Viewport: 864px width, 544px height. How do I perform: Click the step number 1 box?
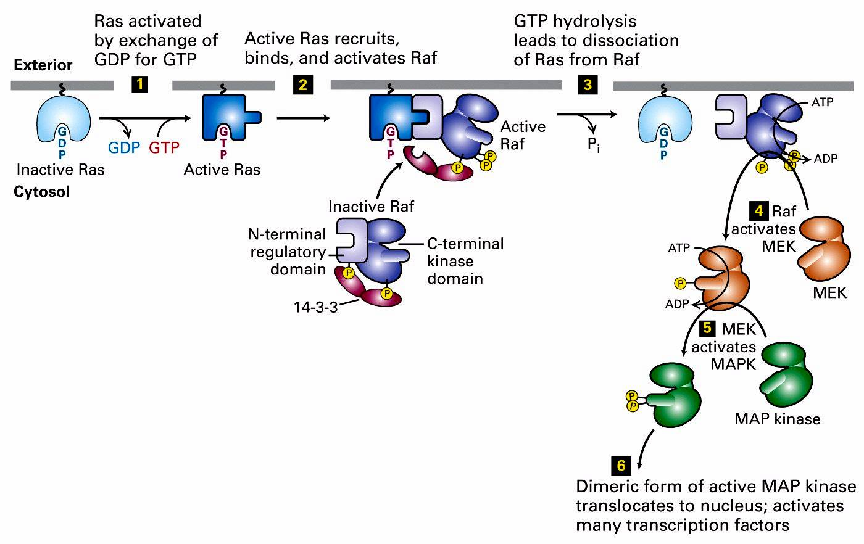[x=140, y=84]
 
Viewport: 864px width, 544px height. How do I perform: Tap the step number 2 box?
[x=302, y=84]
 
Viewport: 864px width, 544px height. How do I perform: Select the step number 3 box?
[x=587, y=84]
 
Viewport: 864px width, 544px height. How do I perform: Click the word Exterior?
[x=43, y=65]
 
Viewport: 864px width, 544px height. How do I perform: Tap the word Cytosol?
[x=42, y=192]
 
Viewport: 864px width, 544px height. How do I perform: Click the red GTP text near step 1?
[x=164, y=148]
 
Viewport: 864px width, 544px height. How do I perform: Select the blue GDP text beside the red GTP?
[x=125, y=148]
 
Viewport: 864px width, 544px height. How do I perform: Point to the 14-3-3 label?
[x=315, y=307]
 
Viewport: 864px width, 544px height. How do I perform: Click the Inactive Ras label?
[x=60, y=169]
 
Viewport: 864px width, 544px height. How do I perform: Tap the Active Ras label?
[x=222, y=169]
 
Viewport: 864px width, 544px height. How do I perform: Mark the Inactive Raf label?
[x=372, y=206]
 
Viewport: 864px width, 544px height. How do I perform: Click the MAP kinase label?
[x=778, y=419]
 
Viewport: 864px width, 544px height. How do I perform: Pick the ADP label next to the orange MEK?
[x=677, y=303]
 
